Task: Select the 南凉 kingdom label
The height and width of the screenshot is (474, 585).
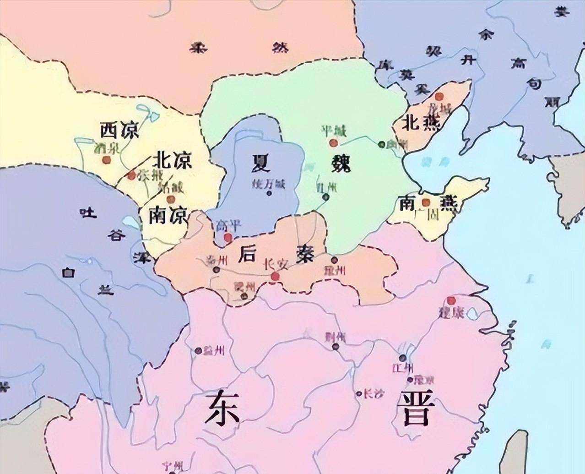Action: coord(168,216)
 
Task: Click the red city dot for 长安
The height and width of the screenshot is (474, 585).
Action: coord(275,277)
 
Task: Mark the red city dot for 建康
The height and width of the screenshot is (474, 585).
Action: coord(451,300)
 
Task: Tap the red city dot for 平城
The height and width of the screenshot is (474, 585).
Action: coord(333,143)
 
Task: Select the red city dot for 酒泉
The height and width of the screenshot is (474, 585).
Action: coord(107,160)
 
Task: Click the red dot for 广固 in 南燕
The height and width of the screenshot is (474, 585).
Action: coord(426,202)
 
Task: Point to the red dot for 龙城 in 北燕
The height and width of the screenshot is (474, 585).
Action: coord(440,97)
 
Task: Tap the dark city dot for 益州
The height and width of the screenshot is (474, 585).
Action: coord(198,351)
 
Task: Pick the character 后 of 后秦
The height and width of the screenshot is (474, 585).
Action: coord(246,254)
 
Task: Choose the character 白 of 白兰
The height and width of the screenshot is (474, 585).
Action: coord(69,273)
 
